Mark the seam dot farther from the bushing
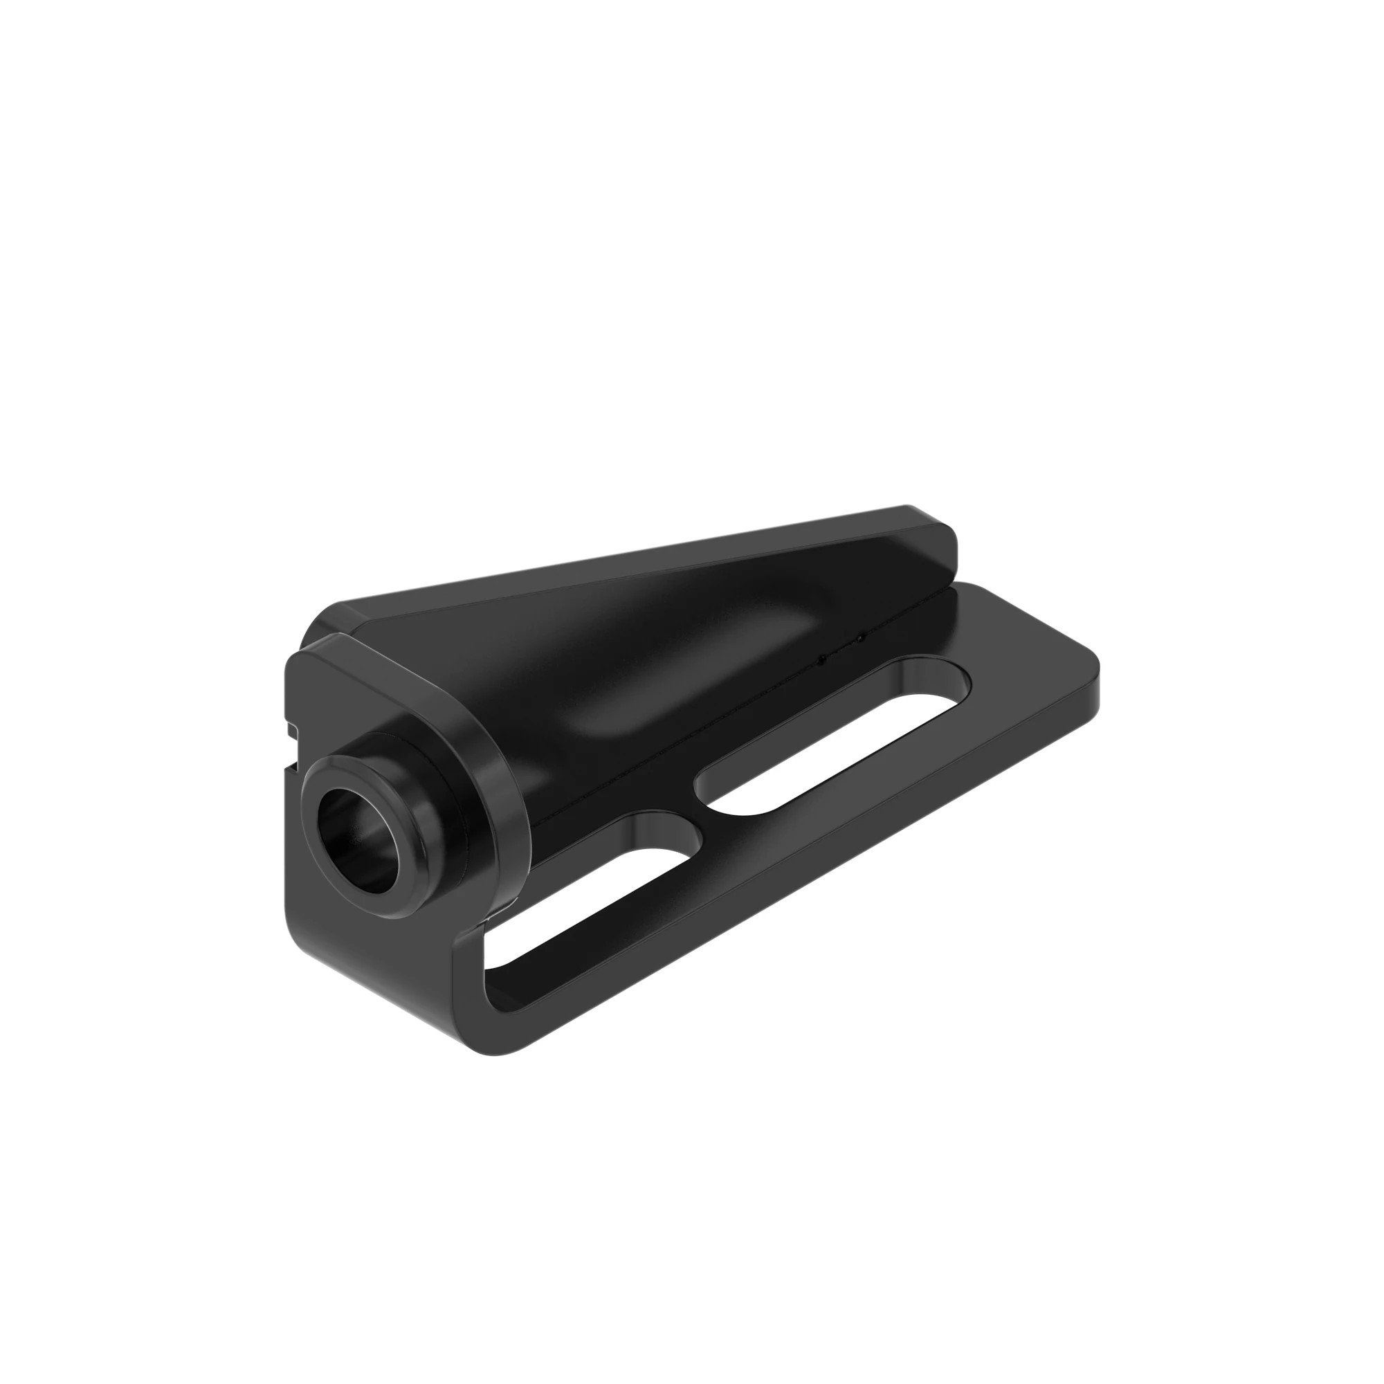point(860,637)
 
